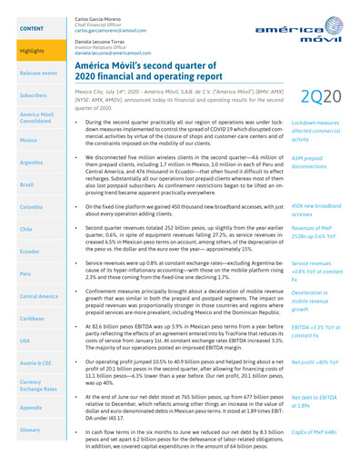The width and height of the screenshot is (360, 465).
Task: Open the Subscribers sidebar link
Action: [x=33, y=94]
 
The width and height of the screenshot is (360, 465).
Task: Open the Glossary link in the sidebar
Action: [x=31, y=454]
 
